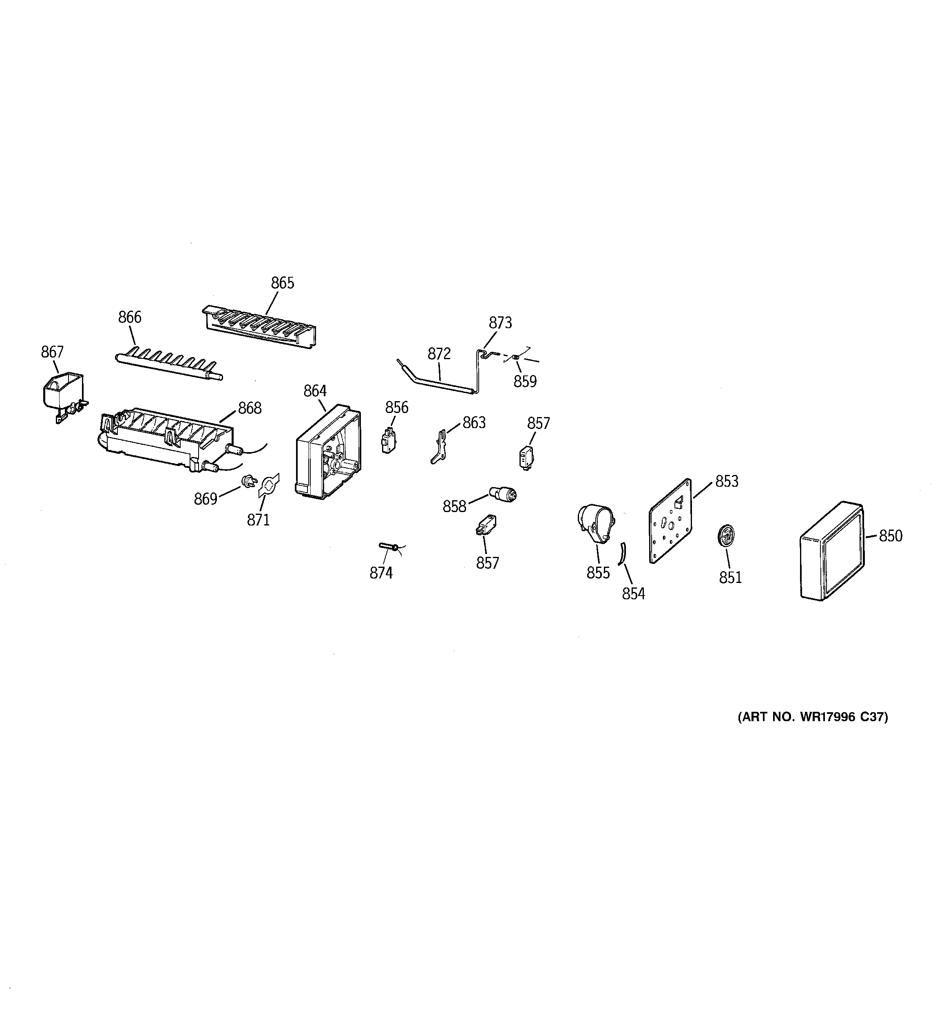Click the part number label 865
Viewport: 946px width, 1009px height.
tap(282, 283)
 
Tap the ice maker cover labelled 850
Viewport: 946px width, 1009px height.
tap(831, 554)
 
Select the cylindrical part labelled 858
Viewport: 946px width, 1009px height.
tap(502, 493)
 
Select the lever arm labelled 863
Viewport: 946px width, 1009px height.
tap(440, 447)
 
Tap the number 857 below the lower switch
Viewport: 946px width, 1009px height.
tap(487, 563)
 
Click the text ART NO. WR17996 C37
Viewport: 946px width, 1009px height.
tap(812, 717)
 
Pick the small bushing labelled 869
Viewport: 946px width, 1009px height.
tap(248, 480)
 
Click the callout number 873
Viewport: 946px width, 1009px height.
tap(500, 323)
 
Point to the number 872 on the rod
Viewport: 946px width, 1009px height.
tap(439, 354)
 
